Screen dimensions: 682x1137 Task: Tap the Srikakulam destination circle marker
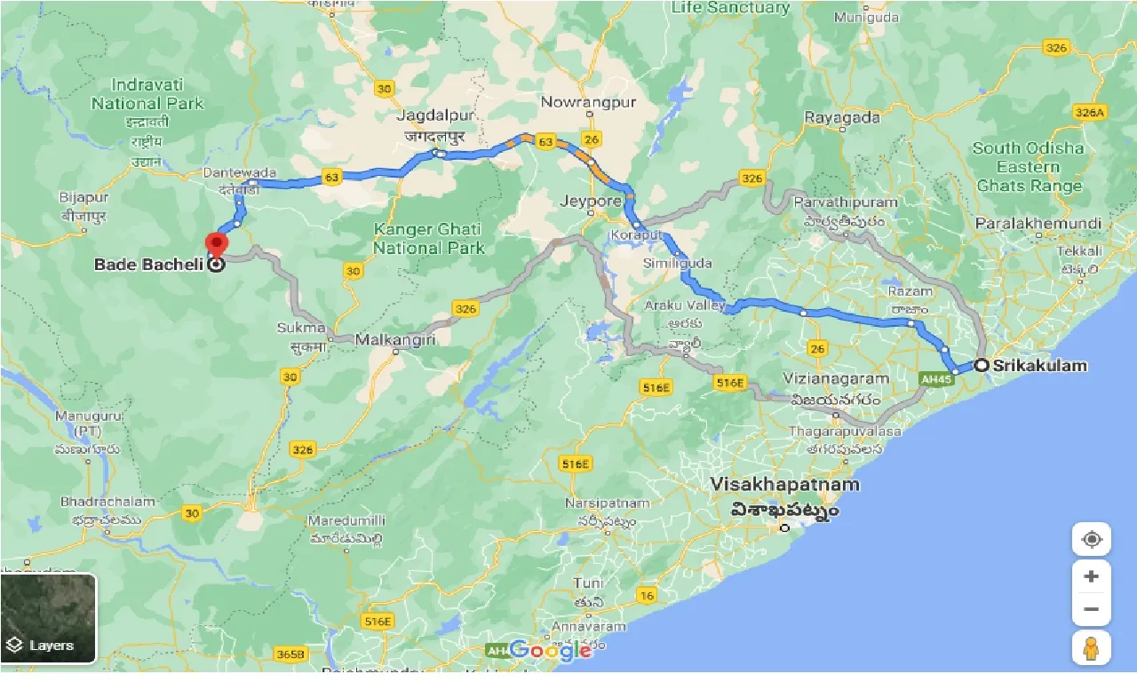(982, 365)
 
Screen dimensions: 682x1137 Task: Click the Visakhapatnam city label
(785, 485)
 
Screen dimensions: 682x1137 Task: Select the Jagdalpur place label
(437, 115)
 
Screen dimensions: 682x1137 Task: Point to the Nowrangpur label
(589, 102)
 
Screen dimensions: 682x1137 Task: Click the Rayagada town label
(842, 117)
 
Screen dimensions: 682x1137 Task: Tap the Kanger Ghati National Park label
(428, 238)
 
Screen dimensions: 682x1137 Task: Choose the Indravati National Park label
(147, 93)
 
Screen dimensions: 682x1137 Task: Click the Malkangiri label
(393, 339)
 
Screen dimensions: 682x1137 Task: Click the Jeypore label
(591, 201)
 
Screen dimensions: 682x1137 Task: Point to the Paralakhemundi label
(1038, 223)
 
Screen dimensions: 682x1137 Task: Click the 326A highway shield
(1089, 112)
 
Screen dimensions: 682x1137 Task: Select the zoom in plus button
(1091, 576)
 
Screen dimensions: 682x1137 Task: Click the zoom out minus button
(1091, 610)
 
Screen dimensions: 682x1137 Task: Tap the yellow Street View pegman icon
(1091, 649)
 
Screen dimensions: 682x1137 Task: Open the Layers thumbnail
(49, 619)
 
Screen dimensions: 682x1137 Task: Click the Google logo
(551, 651)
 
